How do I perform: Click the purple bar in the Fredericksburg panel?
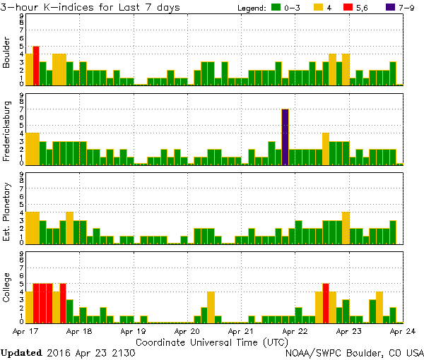point(285,137)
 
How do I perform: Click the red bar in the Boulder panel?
point(36,66)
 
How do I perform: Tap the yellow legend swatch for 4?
point(317,7)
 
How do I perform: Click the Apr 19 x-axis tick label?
point(133,330)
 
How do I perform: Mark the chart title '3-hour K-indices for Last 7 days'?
point(90,7)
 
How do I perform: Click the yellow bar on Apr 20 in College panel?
point(211,306)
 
